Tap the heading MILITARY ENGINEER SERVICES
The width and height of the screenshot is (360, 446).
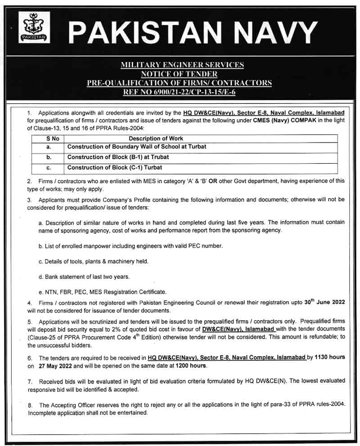182,65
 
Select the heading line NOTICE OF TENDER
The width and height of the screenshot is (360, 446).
182,74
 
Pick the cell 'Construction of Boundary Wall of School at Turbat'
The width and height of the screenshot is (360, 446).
137,147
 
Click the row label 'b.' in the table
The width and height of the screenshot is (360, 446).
49,157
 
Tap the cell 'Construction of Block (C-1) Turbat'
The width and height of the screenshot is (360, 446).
115,168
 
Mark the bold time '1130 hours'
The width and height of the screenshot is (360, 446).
329,357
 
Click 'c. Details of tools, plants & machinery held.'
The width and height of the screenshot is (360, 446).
94,261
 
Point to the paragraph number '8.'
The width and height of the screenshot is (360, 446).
30,405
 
